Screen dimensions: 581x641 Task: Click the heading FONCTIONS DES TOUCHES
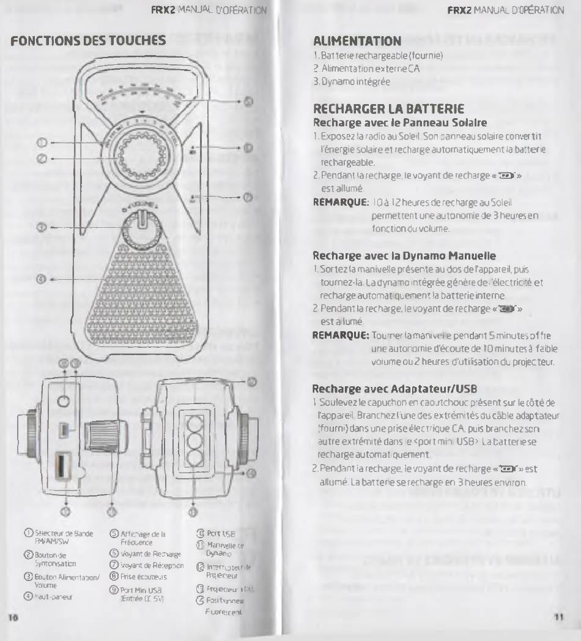click(89, 40)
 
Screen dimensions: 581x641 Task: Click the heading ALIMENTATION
click(357, 41)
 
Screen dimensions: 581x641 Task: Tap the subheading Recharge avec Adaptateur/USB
click(394, 388)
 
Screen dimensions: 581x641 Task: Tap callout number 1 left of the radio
click(42, 142)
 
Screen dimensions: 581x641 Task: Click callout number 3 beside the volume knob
click(42, 227)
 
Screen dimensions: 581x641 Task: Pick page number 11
click(558, 617)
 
